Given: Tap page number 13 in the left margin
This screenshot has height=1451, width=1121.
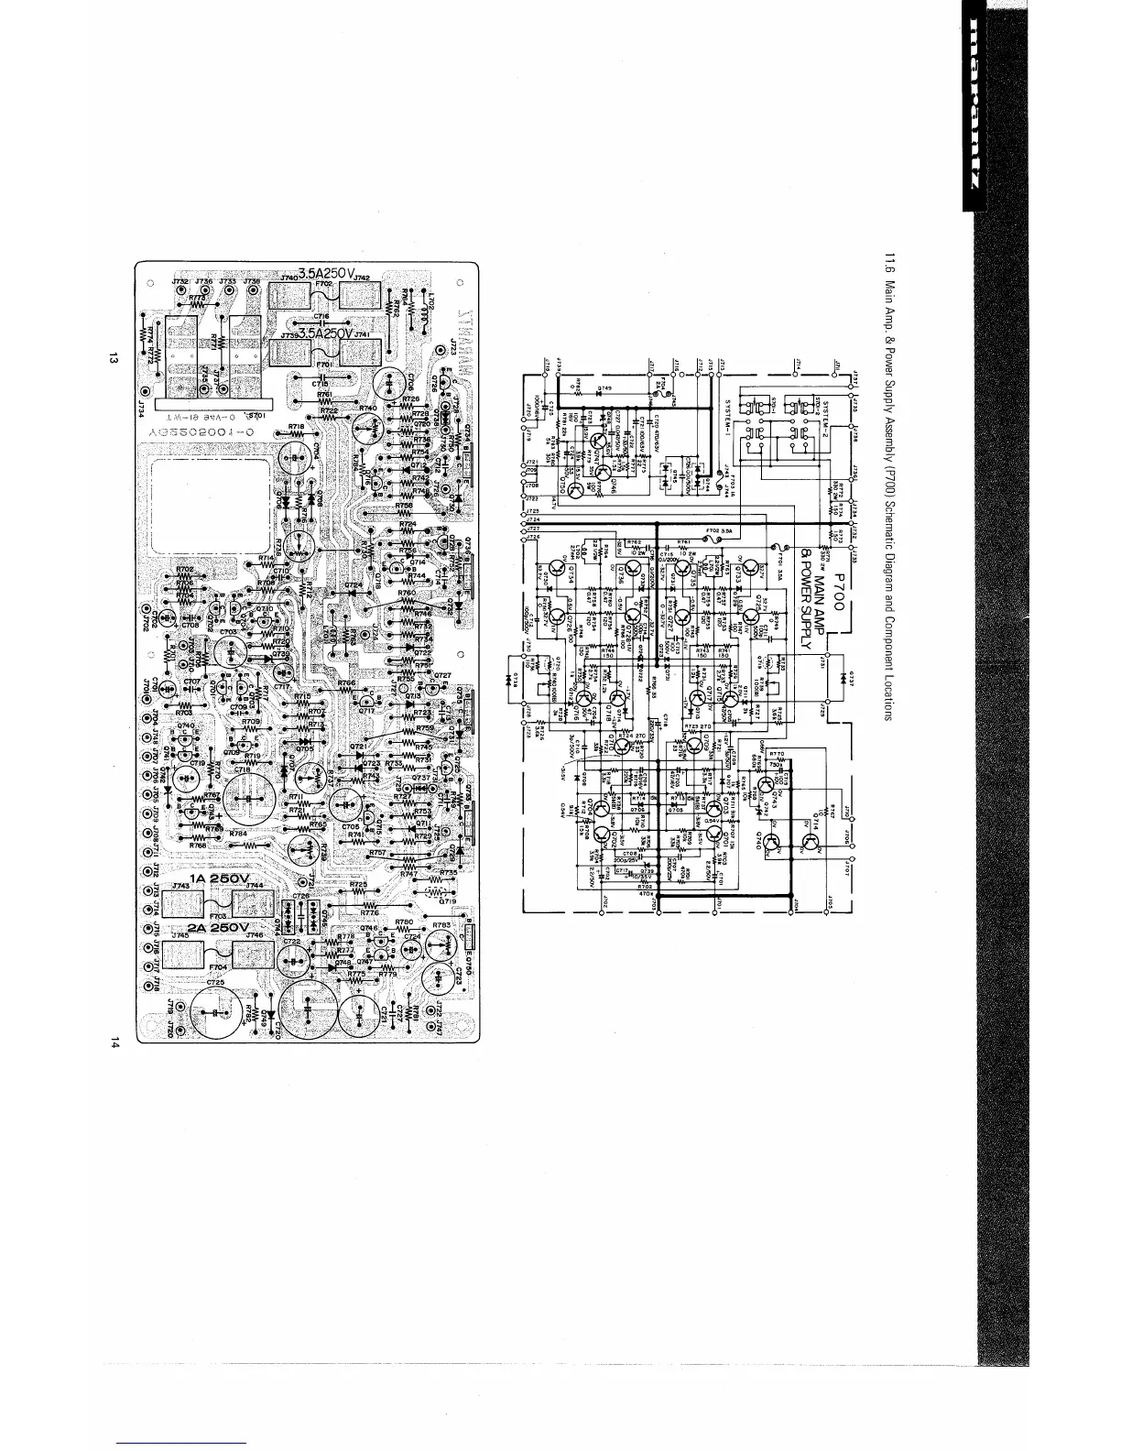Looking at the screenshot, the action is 109,359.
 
